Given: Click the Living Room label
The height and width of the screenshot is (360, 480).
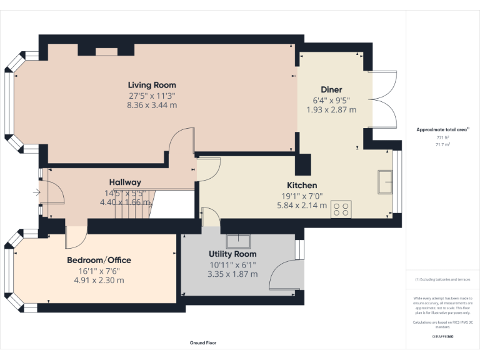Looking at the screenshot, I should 152,85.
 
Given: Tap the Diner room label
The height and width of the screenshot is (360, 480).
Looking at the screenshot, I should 331,89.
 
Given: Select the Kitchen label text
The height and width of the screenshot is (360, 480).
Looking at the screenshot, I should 302,185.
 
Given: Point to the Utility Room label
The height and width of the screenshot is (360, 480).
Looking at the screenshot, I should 232,254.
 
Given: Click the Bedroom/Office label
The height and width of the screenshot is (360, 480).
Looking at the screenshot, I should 99,260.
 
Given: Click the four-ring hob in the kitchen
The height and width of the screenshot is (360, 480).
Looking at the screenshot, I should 342,209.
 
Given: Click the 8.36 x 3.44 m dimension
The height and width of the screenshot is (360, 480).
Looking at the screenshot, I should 152,105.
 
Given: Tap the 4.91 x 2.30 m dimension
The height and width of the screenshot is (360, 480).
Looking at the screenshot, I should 99,280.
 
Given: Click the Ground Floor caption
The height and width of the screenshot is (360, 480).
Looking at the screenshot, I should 203,342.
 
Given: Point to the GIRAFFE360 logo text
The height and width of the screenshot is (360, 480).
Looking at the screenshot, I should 442,336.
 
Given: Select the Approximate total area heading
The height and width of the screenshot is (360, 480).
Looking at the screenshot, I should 442,129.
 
